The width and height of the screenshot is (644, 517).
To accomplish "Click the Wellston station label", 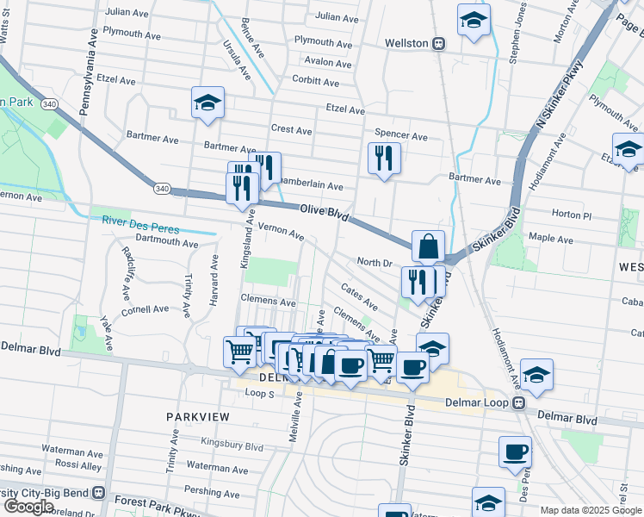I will point(406,42).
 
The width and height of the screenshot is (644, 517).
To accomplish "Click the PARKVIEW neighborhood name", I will point(198,416).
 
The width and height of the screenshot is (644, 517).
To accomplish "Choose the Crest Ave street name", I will point(291,129).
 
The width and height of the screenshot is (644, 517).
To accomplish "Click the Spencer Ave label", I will point(401,136).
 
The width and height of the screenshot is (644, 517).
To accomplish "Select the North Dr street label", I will point(375,262).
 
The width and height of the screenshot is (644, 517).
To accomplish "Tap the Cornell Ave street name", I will point(146,309).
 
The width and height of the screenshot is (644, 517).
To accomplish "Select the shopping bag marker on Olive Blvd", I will point(428,246).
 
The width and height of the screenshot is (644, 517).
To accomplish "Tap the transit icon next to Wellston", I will point(438,43).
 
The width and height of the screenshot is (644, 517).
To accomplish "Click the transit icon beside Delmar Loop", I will point(519,402).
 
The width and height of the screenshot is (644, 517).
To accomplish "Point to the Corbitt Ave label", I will point(315,83).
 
